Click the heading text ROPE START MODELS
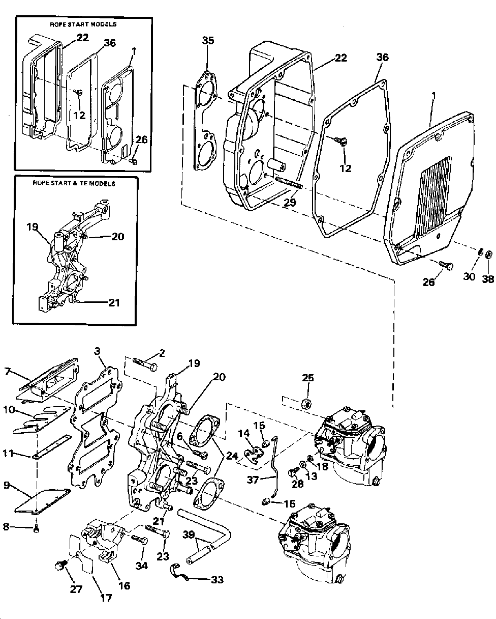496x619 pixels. point(83,24)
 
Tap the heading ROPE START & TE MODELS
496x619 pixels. point(74,183)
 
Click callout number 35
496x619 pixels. point(208,40)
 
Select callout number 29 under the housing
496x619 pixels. point(289,203)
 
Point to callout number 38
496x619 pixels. point(488,279)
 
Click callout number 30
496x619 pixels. point(469,276)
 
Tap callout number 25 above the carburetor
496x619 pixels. point(308,378)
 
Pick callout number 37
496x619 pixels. point(253,480)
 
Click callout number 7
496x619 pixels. point(8,372)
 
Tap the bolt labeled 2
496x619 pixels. point(145,364)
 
